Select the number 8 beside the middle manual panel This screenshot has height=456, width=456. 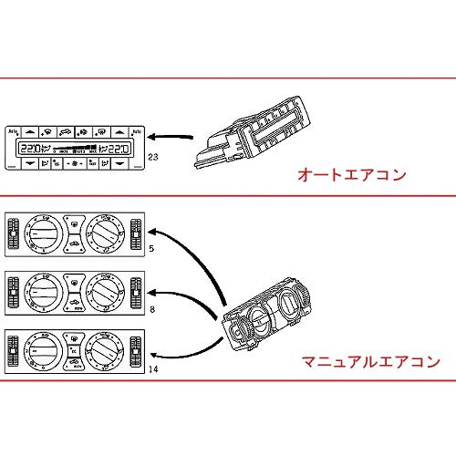click(151, 310)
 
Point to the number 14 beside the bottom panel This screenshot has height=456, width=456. click(153, 370)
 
